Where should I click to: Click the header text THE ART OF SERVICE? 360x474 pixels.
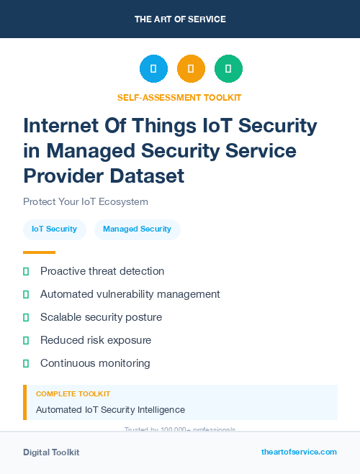(180, 19)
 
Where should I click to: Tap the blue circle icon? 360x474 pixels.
(153, 69)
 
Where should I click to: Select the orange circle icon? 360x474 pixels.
(191, 69)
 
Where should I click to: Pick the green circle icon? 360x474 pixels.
(228, 69)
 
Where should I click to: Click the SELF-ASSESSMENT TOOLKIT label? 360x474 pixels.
(179, 97)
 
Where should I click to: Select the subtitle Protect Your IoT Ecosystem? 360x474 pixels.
(86, 201)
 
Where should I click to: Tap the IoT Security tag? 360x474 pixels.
(54, 229)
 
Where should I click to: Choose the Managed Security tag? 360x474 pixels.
(137, 229)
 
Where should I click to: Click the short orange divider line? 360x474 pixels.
(39, 252)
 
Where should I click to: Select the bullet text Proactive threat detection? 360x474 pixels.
(102, 271)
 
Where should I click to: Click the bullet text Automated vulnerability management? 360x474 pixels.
(130, 294)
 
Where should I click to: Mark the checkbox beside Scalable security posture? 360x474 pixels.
(26, 317)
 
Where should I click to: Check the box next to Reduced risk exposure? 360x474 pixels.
(26, 340)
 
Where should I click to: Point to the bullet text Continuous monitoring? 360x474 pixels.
(95, 363)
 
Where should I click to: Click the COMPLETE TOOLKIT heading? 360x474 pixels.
(73, 394)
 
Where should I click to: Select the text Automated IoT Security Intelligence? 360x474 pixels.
(110, 409)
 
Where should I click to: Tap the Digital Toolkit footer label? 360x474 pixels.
(51, 452)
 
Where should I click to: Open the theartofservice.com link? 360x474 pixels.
(299, 452)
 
